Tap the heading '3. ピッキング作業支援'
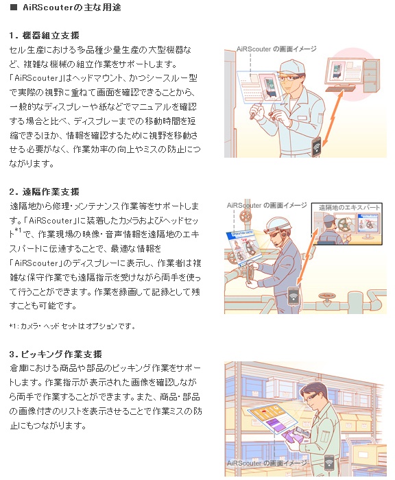56,354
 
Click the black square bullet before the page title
13,7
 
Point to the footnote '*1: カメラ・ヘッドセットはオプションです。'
72,326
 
